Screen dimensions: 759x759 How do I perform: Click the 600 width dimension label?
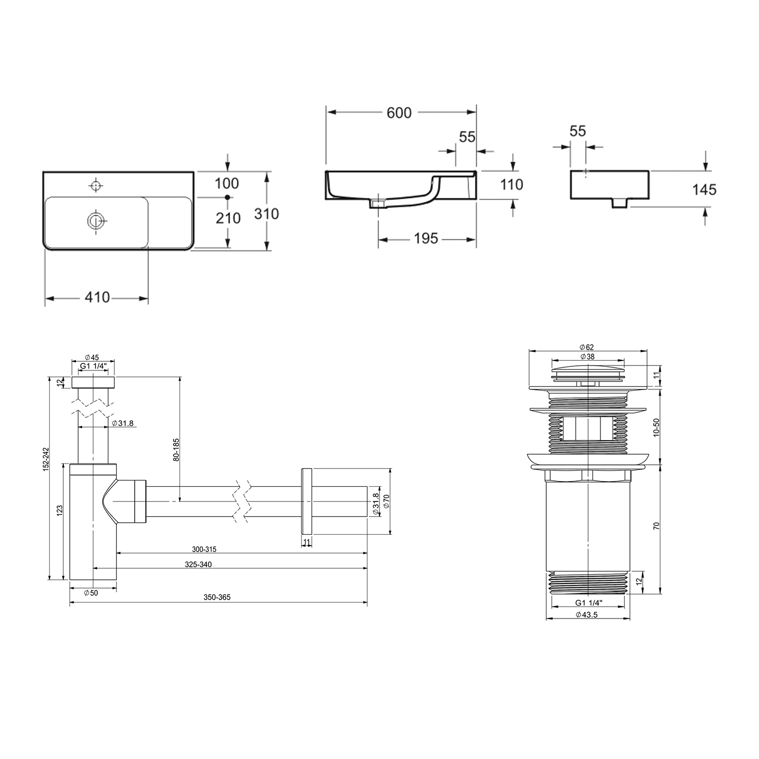(x=399, y=112)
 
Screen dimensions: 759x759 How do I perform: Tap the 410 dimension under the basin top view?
(x=97, y=297)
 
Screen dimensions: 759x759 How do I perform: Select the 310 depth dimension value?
(x=266, y=214)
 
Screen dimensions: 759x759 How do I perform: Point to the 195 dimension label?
(x=426, y=238)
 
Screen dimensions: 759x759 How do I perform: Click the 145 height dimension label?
(x=704, y=189)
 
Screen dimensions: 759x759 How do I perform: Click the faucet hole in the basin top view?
(x=95, y=185)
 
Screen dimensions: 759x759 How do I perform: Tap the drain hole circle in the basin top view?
(x=95, y=221)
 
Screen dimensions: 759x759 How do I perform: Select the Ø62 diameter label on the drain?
(x=586, y=347)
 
